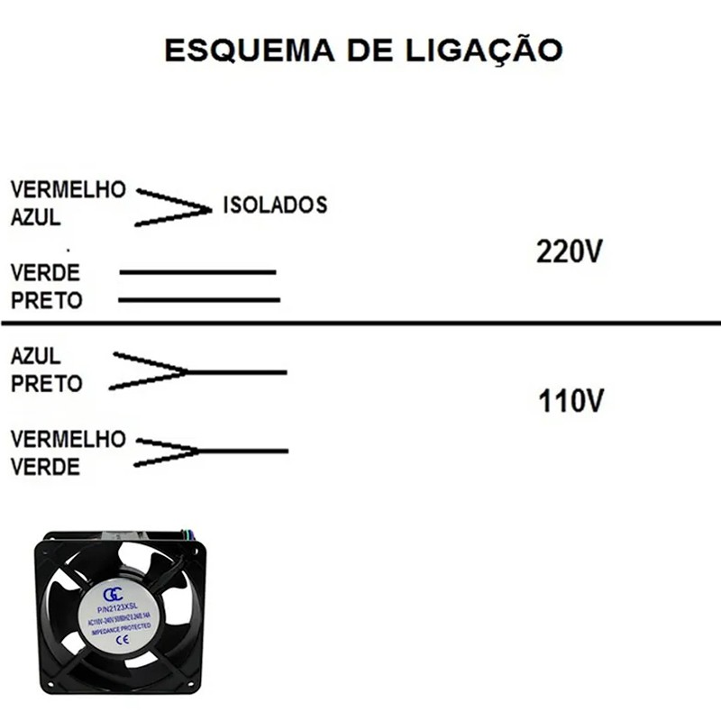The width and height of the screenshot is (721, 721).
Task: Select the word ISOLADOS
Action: [274, 205]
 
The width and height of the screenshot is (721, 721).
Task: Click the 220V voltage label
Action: [569, 251]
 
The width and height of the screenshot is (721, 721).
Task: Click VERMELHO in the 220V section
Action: [68, 190]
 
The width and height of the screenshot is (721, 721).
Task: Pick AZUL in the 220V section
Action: [36, 217]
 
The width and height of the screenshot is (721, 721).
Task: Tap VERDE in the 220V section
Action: [45, 272]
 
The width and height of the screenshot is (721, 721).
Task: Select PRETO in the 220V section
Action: [46, 300]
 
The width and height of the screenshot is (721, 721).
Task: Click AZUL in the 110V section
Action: [36, 355]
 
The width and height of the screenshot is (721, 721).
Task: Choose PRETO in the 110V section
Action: [46, 383]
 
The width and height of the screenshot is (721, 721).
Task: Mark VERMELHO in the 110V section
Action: [68, 439]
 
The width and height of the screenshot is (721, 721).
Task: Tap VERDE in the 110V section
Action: [45, 467]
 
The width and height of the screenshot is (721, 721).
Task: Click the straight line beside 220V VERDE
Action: [196, 271]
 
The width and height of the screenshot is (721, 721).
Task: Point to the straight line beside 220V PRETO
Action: [198, 299]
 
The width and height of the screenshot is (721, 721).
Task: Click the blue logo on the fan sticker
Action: [113, 594]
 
